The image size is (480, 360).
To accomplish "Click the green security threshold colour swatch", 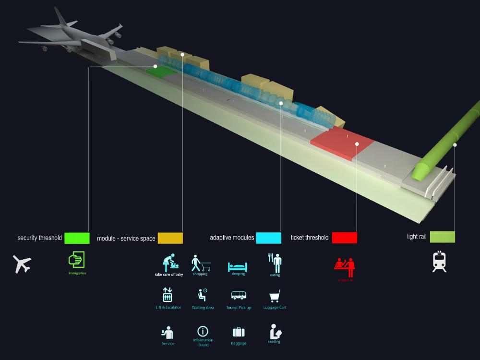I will (77, 238).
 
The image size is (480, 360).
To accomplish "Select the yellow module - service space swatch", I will (170, 238).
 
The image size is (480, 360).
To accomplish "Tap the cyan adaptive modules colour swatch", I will (268, 238).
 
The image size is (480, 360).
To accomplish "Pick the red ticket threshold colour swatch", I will (344, 238).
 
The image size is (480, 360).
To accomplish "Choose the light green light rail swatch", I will (442, 237).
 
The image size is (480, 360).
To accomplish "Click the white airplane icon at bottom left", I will (22, 264).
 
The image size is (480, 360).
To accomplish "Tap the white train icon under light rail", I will (439, 262).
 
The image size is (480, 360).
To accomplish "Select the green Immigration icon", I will (76, 259).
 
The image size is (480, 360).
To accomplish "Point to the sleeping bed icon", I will (238, 266).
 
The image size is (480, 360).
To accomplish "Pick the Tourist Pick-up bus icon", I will (239, 296).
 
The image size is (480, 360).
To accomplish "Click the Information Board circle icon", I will (203, 331).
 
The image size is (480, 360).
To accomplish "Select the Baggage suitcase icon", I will (239, 332).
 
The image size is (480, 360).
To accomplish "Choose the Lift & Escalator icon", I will (168, 294).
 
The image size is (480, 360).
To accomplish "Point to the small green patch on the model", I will (161, 72).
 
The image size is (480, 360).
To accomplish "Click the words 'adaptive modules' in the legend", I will (232, 238).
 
